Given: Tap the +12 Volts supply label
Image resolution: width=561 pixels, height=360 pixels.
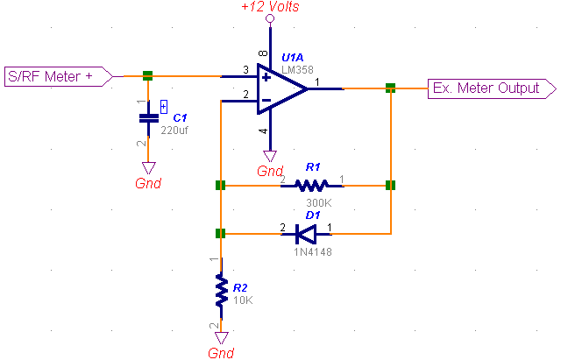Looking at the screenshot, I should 270,7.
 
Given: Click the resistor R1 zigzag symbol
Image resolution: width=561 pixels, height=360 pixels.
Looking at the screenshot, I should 311,186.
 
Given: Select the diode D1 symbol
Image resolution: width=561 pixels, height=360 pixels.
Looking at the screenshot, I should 306,234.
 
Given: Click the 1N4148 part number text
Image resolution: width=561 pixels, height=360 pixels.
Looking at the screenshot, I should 313,252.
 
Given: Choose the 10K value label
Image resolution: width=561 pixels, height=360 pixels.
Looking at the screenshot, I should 243,300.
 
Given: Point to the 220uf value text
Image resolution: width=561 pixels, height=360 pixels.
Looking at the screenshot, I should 175,131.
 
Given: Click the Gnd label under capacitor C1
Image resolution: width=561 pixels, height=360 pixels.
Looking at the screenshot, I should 148,183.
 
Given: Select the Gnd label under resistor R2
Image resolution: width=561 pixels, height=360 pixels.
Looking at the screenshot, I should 221,353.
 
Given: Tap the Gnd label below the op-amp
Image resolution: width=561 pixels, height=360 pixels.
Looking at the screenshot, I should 270,172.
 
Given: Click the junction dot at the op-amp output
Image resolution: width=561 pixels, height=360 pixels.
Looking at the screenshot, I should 390,88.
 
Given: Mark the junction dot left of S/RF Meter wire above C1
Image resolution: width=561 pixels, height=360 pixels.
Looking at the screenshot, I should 148,76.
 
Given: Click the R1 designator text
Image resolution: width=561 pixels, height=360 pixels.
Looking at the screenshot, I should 313,166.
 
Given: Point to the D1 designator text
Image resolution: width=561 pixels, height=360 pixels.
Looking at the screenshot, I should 313,215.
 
